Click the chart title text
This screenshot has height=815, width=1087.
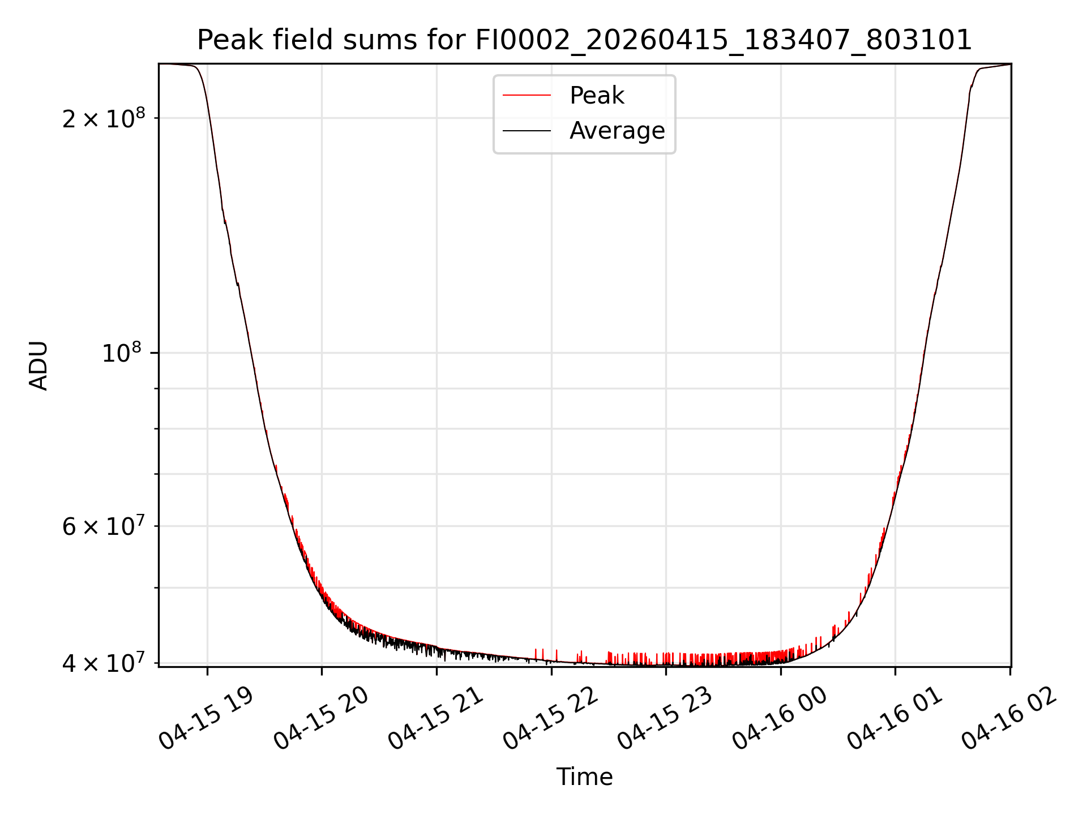(x=584, y=40)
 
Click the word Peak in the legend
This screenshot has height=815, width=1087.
(x=597, y=96)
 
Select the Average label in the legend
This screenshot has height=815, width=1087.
(x=617, y=131)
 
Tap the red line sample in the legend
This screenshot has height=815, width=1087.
(x=527, y=95)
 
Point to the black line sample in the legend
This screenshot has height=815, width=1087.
(x=527, y=131)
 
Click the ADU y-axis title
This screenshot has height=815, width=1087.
(x=38, y=365)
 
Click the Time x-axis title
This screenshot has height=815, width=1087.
(x=584, y=777)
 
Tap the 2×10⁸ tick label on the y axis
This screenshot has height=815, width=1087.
(x=104, y=118)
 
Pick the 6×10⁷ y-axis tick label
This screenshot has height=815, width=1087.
(x=104, y=526)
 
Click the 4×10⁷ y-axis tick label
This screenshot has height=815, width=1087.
(x=104, y=663)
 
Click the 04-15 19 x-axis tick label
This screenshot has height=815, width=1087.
(x=207, y=719)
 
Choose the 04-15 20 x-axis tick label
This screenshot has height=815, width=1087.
(x=322, y=719)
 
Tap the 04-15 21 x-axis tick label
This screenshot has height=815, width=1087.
(x=436, y=719)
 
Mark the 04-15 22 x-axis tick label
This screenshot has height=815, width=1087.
(x=551, y=719)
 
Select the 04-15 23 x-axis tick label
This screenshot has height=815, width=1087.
(x=666, y=719)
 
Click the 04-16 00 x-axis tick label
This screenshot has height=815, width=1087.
(x=781, y=719)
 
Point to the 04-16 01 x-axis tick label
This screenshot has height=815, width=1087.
(x=896, y=719)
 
